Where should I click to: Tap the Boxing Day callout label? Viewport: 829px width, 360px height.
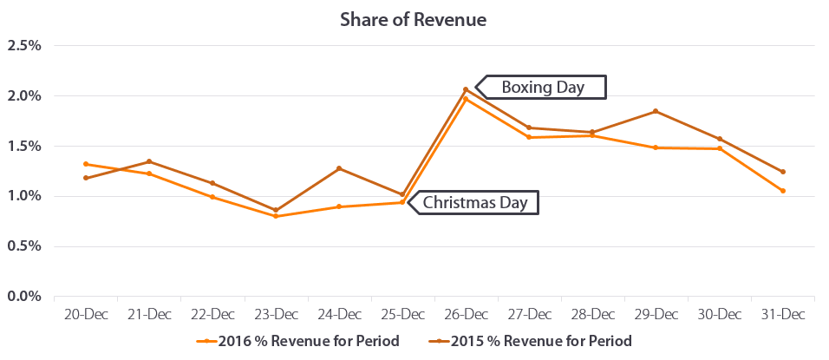(x=543, y=88)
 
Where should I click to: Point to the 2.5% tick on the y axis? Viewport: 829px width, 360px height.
(x=24, y=45)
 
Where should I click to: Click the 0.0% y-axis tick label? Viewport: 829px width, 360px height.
(x=24, y=297)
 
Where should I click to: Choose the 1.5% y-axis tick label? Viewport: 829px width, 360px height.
(x=24, y=146)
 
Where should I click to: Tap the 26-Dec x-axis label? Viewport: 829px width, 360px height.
(x=466, y=313)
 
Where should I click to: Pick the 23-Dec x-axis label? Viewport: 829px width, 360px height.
(x=276, y=313)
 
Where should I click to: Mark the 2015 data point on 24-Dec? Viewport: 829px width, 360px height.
(x=339, y=168)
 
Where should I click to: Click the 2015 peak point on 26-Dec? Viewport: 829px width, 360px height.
(x=466, y=89)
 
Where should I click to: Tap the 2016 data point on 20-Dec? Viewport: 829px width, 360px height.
(x=85, y=164)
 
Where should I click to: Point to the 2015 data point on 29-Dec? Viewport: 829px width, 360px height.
(x=656, y=111)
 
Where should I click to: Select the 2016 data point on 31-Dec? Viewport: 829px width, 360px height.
(x=783, y=191)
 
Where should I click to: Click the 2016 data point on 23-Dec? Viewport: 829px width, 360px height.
(x=276, y=216)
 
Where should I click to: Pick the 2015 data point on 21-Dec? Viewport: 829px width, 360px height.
(x=148, y=161)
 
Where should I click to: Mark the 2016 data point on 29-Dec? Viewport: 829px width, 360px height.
(x=656, y=147)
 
